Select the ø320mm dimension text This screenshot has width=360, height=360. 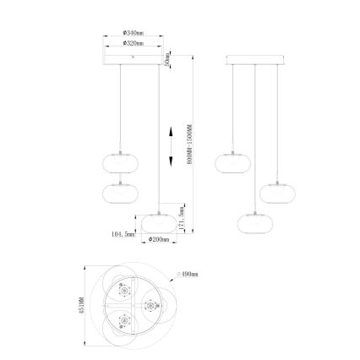point(133,42)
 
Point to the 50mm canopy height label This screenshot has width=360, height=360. point(169,59)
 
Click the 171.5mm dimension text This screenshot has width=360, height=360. point(183,217)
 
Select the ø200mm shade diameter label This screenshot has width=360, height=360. point(159,240)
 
